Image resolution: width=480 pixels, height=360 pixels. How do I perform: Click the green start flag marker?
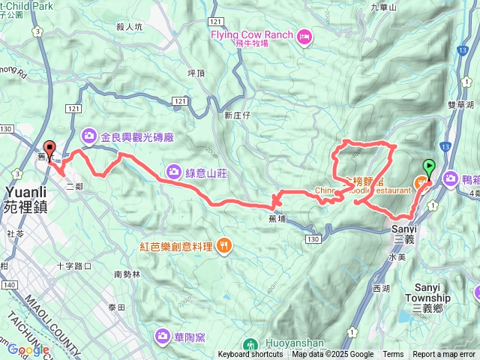click(429, 166)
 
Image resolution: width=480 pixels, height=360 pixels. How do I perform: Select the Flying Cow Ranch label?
click(252, 34)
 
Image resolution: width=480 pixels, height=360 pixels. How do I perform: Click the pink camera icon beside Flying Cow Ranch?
click(304, 35)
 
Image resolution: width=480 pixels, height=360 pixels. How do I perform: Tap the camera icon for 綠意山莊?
click(174, 171)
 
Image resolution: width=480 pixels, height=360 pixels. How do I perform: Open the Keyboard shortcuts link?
click(250, 355)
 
